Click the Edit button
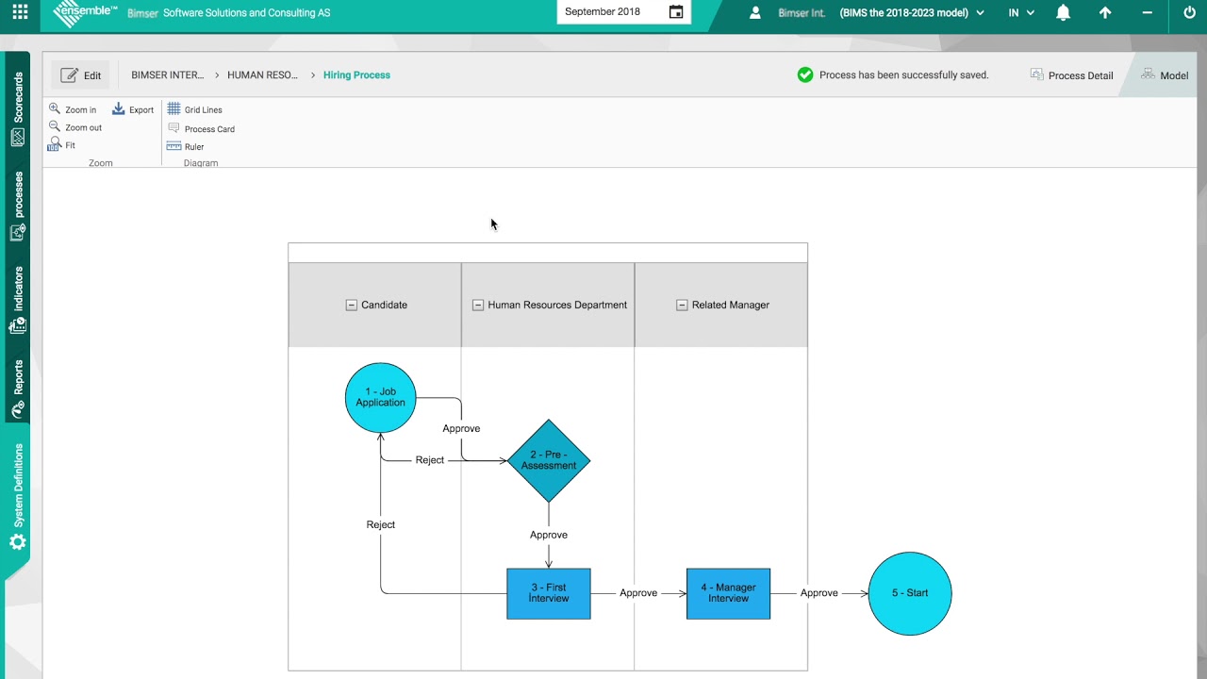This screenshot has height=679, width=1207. point(80,75)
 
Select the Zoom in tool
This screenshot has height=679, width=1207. point(73,109)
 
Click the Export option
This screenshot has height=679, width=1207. point(133,109)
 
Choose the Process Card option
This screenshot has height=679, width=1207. point(201,128)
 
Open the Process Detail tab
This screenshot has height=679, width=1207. point(1072,75)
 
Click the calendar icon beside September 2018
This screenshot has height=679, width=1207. point(676,12)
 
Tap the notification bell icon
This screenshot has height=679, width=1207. point(1063,12)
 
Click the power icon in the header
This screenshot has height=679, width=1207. point(1189,12)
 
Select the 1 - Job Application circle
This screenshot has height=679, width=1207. point(380,397)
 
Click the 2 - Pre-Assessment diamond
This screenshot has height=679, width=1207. point(549,460)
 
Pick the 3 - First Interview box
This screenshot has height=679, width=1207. point(549,593)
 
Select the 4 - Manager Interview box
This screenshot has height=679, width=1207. point(728,593)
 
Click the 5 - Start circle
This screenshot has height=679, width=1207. point(910,593)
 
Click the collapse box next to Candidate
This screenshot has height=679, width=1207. point(352,305)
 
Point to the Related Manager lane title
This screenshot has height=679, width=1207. point(730,305)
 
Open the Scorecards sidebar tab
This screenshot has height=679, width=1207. point(17,108)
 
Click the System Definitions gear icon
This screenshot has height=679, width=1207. point(17,542)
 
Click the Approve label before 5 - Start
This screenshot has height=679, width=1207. point(818,593)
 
